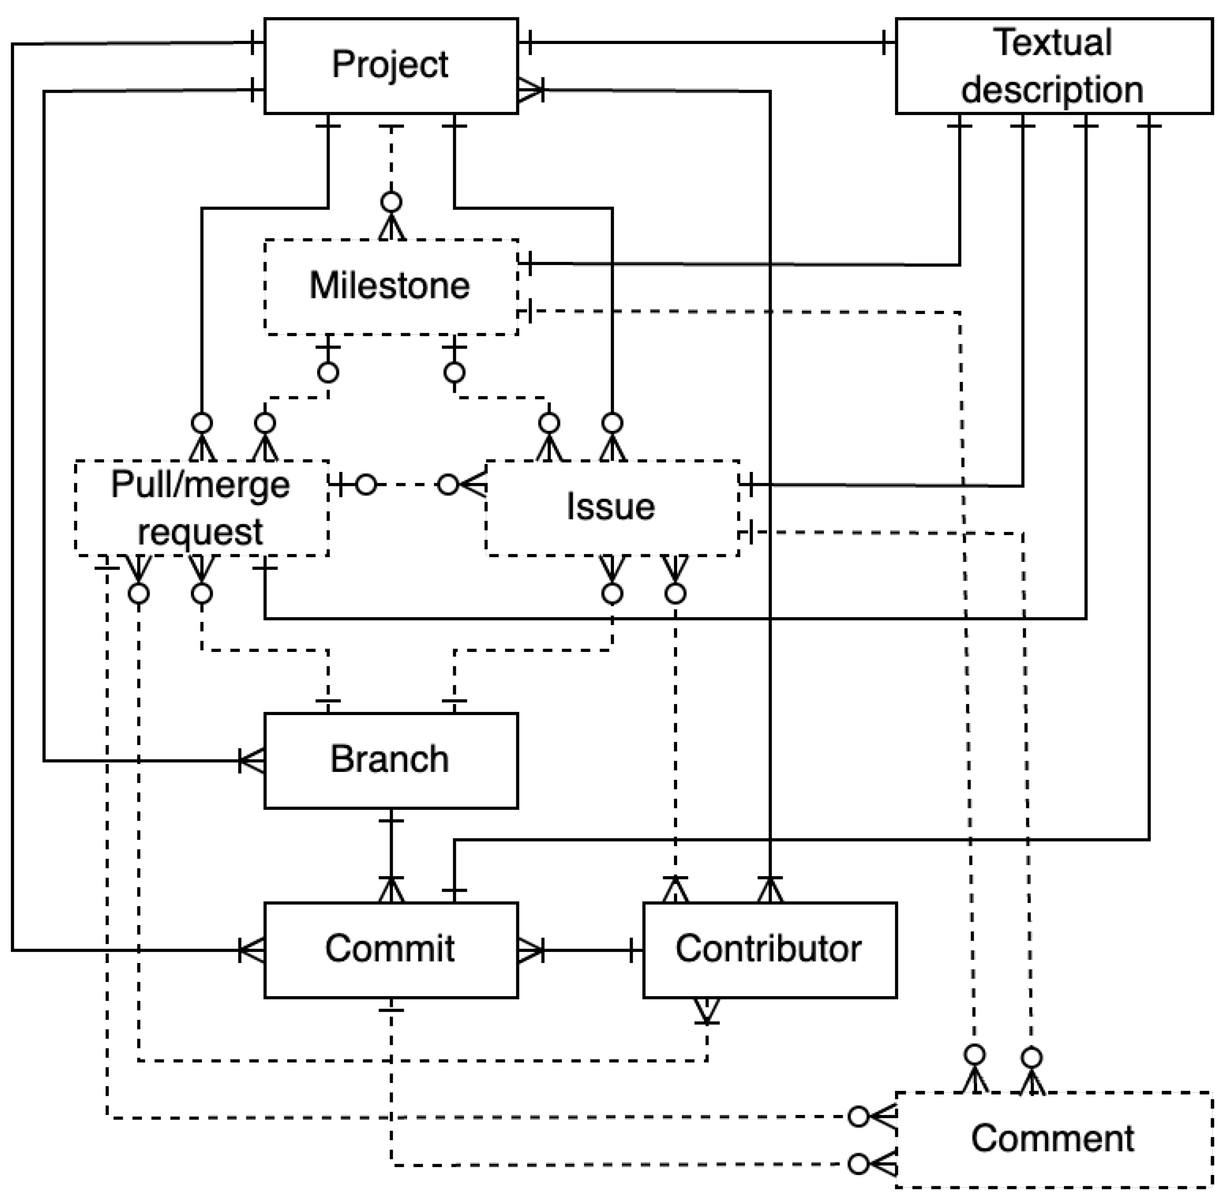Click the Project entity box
click(390, 66)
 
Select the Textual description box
click(1053, 66)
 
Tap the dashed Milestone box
click(390, 286)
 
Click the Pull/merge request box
click(201, 508)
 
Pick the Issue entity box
click(611, 508)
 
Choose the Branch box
click(390, 760)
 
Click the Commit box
click(390, 949)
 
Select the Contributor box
click(769, 949)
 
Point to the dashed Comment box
click(1053, 1139)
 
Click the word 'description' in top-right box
click(1051, 90)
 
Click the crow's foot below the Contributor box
click(707, 1009)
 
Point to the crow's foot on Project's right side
click(530, 92)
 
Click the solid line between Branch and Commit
click(391, 848)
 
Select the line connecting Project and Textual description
click(707, 43)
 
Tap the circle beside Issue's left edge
click(448, 485)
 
